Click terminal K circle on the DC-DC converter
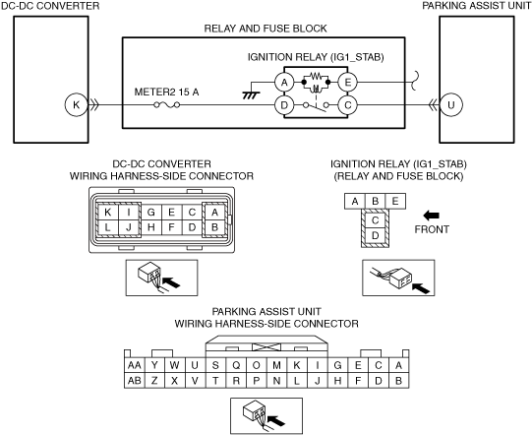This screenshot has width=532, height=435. pos(76,105)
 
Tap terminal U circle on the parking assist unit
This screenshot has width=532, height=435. pos(451,105)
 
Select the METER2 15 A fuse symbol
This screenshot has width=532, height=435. pos(166,105)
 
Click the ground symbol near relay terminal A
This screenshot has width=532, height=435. pos(251,95)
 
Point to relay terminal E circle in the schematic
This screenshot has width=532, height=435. pos(347,83)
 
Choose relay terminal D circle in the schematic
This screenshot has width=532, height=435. pos(284,105)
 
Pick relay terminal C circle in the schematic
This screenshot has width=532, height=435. pos(347,105)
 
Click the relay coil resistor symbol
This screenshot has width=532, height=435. pos(316,76)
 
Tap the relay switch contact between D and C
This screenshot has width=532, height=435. pos(316,106)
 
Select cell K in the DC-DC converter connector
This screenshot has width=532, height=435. pos(108,213)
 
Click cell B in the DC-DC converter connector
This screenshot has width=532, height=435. pos(214,227)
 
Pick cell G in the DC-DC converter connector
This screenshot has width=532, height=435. pos(151,213)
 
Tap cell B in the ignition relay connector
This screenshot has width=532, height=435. pos(375,201)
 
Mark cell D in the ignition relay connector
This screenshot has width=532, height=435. pos(375,235)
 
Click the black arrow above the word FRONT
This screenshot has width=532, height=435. pos(432,216)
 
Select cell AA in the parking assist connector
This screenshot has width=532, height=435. pos(135,365)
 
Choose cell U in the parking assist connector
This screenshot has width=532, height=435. pos(195,365)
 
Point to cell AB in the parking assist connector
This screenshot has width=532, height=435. pos(135,381)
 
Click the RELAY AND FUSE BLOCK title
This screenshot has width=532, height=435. pos(266,29)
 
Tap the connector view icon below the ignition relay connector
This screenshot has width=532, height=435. pos(398,278)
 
